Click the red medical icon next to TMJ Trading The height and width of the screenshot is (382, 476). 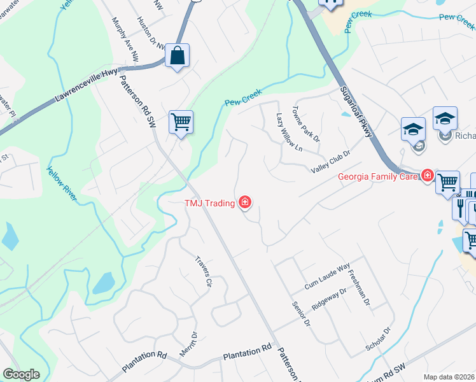point(245,203)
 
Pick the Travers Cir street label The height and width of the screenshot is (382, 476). point(203,272)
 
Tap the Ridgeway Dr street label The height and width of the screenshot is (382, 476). point(329,299)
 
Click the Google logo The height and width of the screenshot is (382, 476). point(22,374)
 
